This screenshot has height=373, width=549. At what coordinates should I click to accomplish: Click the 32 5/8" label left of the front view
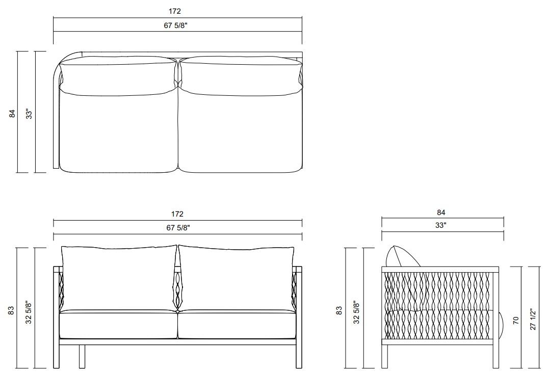click(x=30, y=310)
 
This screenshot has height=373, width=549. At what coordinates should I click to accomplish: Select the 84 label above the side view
click(x=441, y=212)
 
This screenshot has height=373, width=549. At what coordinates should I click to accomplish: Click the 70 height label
click(x=515, y=320)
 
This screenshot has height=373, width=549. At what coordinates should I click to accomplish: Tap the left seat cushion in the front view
click(x=118, y=325)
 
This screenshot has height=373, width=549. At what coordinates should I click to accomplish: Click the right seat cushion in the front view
click(x=237, y=325)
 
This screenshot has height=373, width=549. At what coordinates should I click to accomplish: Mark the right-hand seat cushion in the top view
click(x=240, y=132)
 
